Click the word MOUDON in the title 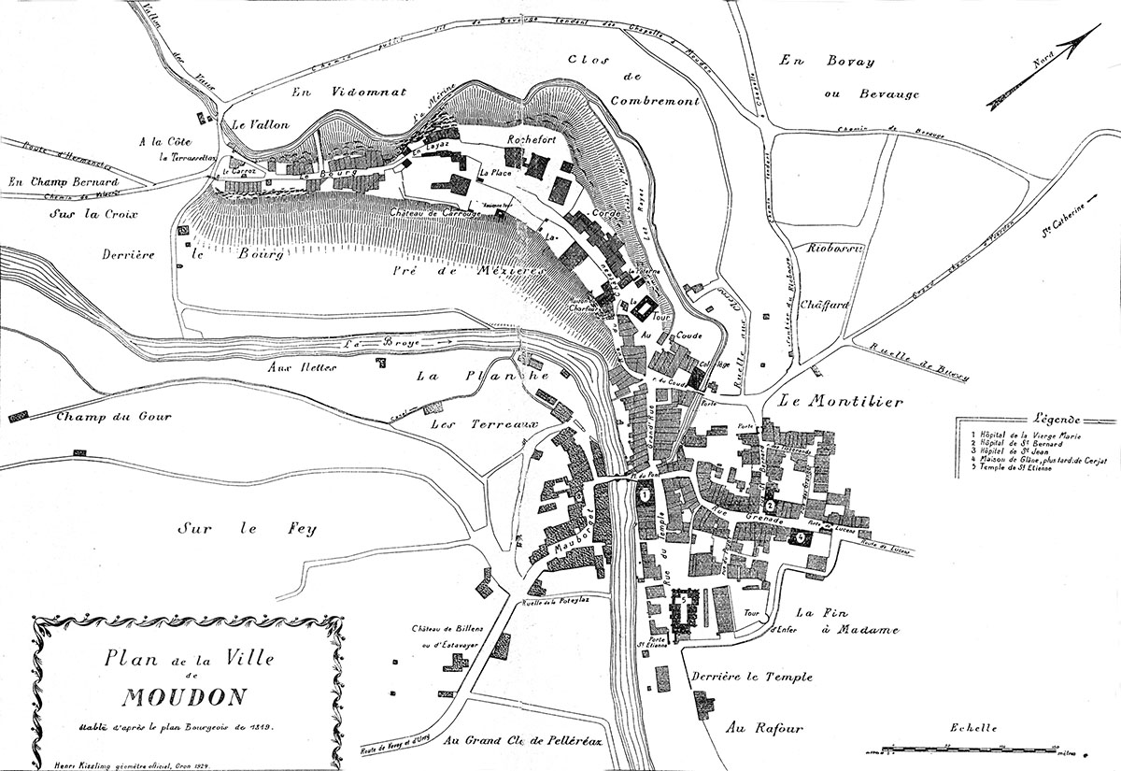tap(183, 697)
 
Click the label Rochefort tap(531, 140)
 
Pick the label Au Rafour tap(764, 727)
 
